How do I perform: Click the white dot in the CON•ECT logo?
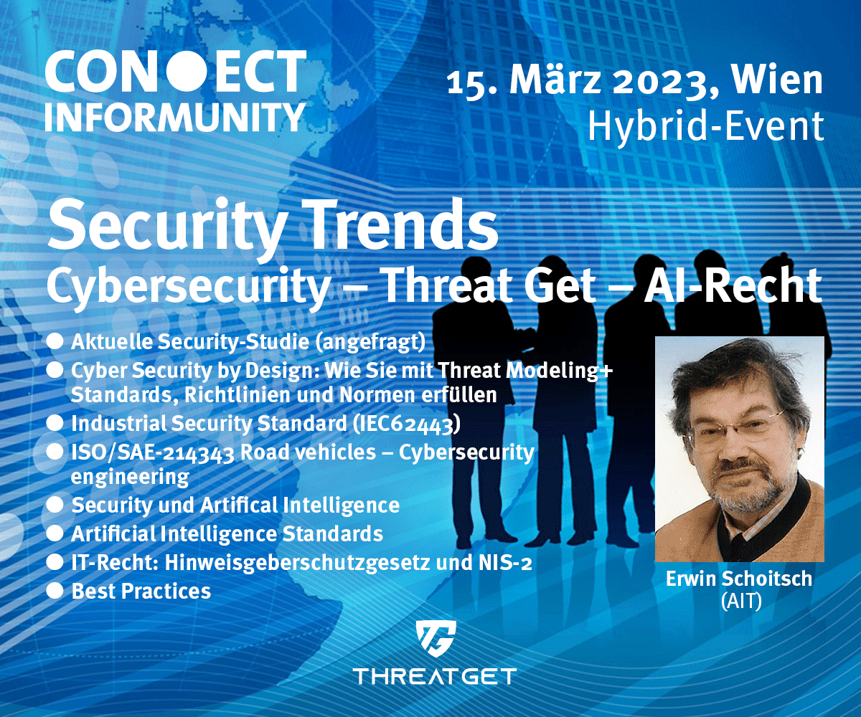pos(185,72)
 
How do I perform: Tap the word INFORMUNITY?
pos(175,118)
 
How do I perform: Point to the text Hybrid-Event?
pos(706,125)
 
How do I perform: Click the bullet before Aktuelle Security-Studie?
pos(55,342)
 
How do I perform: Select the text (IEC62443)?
pos(406,424)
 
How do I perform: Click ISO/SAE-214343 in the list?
pos(153,453)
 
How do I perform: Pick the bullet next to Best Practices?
pos(55,591)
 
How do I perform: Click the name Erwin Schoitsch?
pos(739,579)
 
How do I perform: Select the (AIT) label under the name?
pos(741,602)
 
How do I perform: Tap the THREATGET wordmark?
pos(435,677)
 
